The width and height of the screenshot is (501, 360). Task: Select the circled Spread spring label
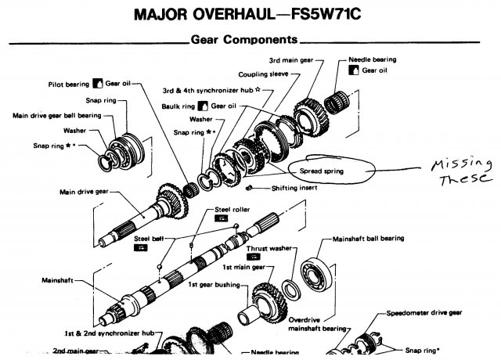(x=323, y=168)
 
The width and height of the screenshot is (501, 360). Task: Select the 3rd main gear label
(x=291, y=59)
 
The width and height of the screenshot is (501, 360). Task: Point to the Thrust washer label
(x=269, y=249)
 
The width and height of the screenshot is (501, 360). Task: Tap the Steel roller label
(x=231, y=210)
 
